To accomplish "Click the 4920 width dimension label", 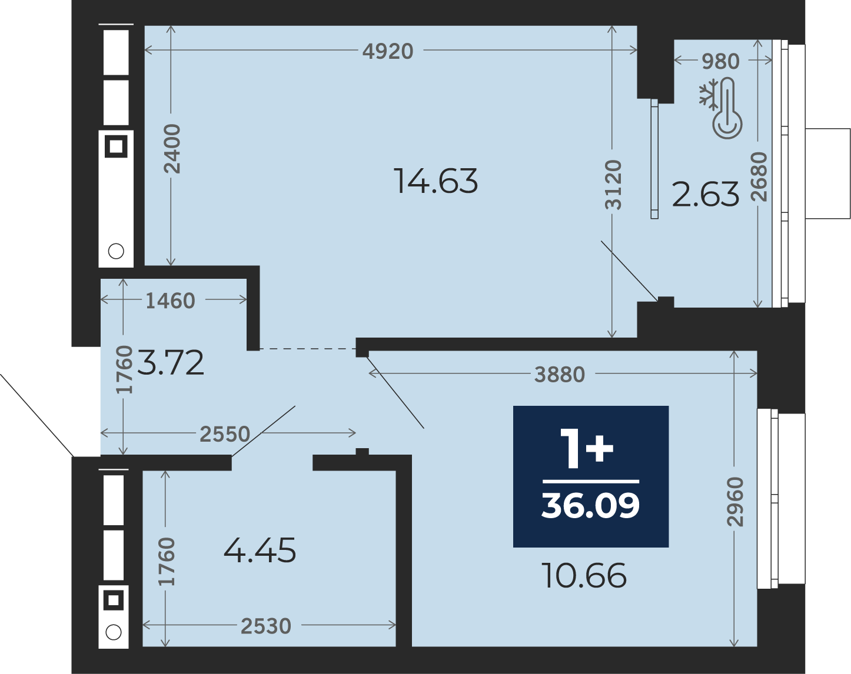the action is tap(388, 51).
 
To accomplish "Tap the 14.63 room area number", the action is tap(436, 181).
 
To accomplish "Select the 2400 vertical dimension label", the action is tap(172, 149).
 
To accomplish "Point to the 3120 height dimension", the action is tap(613, 184).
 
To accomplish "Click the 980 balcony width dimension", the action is tap(720, 61).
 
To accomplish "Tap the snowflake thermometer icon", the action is tap(720, 108).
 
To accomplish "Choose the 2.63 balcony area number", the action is tap(706, 194).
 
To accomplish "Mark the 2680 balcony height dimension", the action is tap(759, 176).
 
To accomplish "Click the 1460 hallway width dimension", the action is tap(171, 301).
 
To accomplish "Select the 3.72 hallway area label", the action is tap(171, 362).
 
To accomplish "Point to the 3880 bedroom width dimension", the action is tap(560, 375).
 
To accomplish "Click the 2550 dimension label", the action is tap(225, 433).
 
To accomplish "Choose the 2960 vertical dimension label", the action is tap(736, 502).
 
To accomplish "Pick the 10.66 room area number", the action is tap(585, 576).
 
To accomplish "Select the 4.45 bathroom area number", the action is tap(260, 550).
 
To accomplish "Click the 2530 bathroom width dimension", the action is tap(266, 626).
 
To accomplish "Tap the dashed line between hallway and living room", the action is tap(308, 349).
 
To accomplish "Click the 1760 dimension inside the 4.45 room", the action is tap(167, 561).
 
